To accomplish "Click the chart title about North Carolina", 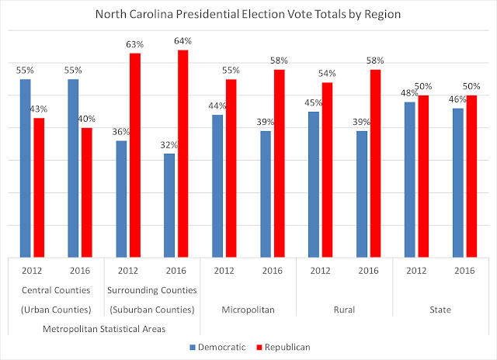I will (x=248, y=13).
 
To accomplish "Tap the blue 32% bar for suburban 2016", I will (x=169, y=206).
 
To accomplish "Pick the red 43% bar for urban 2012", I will (x=39, y=187).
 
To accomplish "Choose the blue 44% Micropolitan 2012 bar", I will (x=217, y=186).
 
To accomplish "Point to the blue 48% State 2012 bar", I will (x=410, y=179).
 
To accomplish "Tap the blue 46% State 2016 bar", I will (x=458, y=182).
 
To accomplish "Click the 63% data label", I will (x=134, y=45).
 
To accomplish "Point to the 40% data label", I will (x=86, y=119).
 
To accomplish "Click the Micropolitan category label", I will (x=248, y=310).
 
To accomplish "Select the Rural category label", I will (x=344, y=310).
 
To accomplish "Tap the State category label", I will (x=440, y=310).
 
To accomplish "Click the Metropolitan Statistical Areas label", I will (x=104, y=328).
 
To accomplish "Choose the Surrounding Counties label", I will (x=152, y=291).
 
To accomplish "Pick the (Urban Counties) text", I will (x=56, y=310).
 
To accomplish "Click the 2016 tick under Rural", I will (x=368, y=272).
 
